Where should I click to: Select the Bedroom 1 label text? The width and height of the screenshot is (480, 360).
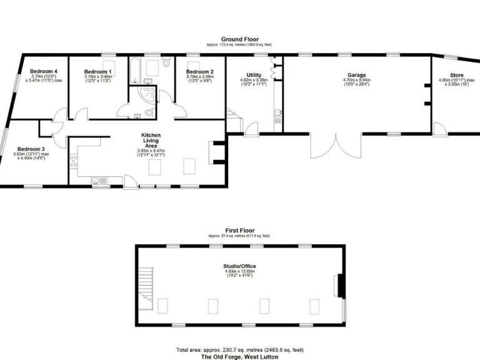point(97,72)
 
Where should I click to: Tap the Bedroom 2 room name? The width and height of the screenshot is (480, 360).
point(200,72)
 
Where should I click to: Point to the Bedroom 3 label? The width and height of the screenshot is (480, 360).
point(31,149)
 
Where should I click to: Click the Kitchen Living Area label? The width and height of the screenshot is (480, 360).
point(152,140)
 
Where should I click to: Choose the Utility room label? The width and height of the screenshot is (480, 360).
point(254,75)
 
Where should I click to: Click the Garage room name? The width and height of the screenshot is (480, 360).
point(357,75)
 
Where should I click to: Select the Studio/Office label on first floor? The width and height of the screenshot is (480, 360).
point(239,266)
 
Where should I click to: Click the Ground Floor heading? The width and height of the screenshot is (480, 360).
point(239,39)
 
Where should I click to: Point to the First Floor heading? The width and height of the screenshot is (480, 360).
point(239,231)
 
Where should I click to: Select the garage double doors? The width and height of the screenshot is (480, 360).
point(336,147)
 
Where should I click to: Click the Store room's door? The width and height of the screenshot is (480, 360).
point(440,128)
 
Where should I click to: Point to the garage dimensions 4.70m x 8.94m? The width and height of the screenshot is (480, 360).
point(357,81)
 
